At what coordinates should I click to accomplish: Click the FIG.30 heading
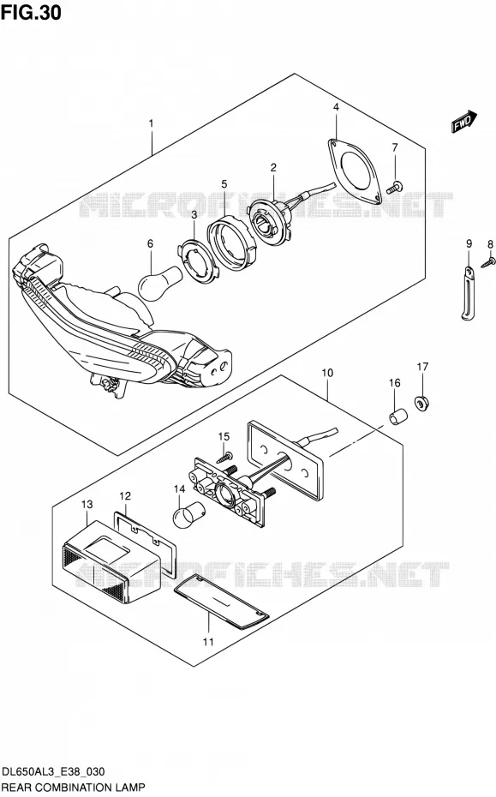31,12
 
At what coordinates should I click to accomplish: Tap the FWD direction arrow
464,122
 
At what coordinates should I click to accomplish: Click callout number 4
336,107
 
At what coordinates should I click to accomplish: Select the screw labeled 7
394,187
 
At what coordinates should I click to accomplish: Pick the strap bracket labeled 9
468,294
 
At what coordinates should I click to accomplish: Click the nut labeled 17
421,403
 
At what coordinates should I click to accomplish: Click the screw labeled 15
224,458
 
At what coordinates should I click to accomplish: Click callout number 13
87,504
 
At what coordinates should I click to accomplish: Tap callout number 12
125,495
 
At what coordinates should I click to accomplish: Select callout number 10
327,373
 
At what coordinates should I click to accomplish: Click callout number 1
151,123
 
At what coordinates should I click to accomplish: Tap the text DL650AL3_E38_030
53,771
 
